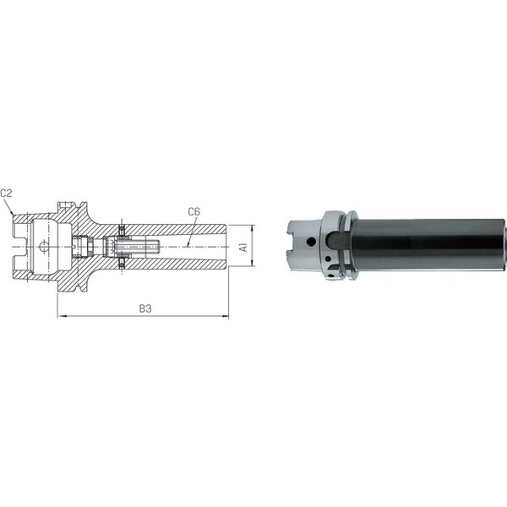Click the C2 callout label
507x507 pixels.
tap(6, 193)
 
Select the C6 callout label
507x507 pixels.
tap(194, 212)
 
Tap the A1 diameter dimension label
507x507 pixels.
tap(243, 247)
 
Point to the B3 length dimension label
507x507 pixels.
tap(145, 308)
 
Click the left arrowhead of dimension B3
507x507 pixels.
tap(61, 316)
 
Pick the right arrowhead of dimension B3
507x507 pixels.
tap(226, 316)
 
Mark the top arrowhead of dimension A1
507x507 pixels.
tap(252, 228)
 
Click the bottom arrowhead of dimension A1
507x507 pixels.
tap(252, 263)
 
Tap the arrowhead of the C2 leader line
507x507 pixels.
tap(12, 213)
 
